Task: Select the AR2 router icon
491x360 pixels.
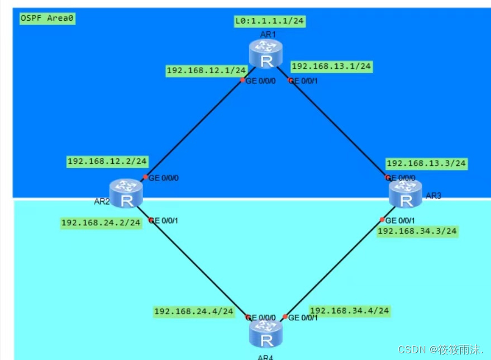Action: click(127, 193)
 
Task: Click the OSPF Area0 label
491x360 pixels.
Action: click(47, 18)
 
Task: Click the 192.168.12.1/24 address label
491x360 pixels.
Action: click(206, 70)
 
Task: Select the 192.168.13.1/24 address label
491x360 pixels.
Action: click(331, 66)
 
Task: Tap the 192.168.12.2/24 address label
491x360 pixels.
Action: click(107, 162)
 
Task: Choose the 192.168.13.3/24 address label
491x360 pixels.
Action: click(426, 164)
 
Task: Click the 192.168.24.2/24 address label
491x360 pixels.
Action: click(101, 222)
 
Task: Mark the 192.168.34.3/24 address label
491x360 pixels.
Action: click(417, 231)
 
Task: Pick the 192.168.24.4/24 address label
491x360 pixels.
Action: click(193, 311)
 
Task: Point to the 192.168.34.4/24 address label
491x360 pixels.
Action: click(349, 311)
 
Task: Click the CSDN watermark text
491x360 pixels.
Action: click(440, 349)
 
